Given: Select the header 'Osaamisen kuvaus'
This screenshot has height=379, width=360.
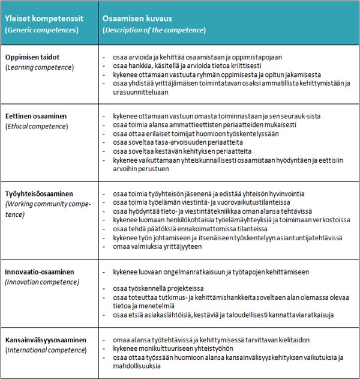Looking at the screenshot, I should (138, 19).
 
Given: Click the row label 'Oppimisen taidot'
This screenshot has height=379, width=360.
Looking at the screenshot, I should (33, 57).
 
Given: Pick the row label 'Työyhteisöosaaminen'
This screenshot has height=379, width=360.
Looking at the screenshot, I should (40, 193).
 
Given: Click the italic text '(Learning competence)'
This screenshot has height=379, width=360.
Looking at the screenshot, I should (40, 67).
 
